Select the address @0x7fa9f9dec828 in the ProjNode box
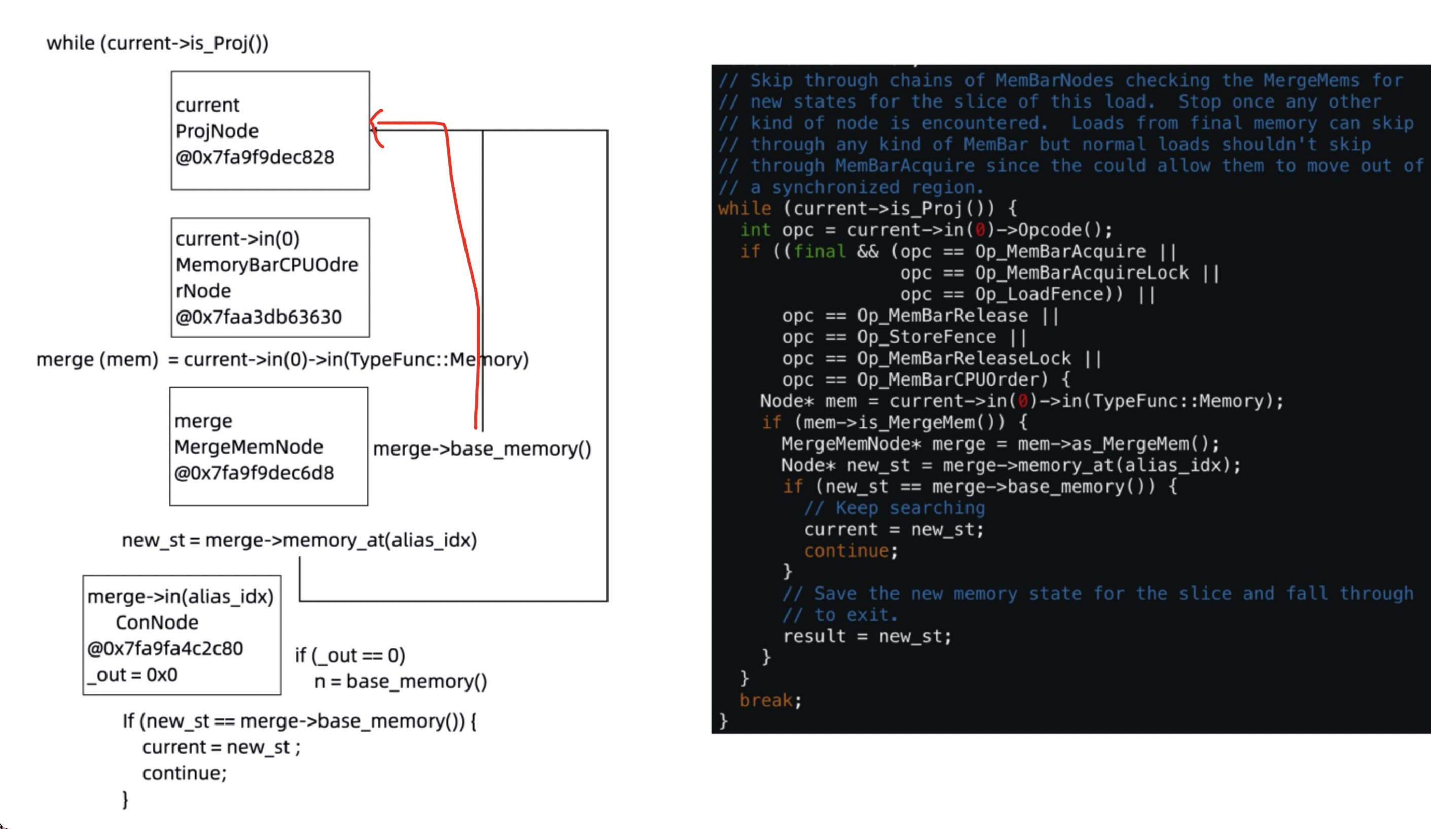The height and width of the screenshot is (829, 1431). coord(255,157)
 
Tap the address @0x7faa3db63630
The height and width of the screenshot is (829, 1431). coord(259,317)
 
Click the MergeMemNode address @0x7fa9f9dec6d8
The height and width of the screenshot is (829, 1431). coord(254,473)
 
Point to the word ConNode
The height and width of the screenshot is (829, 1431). coord(157,622)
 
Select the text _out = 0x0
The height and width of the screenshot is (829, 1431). coord(132,674)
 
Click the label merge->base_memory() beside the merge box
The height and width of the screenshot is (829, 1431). coord(482,449)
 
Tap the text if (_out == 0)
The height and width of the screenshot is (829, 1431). coord(350,655)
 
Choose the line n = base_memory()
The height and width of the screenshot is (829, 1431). coord(400,681)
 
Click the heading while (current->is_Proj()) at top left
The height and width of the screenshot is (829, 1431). coord(157,43)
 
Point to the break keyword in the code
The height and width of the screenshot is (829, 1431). coord(766,700)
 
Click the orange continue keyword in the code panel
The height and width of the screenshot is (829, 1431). coord(846,550)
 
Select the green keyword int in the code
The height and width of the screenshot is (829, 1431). coord(755,230)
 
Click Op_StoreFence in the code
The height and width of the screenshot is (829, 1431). coord(925,337)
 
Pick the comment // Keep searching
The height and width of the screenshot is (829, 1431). coord(895,508)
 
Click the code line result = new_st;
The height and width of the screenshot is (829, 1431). coord(867,636)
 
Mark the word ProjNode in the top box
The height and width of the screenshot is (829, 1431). coord(217,131)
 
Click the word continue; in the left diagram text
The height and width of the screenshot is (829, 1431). coord(184,773)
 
